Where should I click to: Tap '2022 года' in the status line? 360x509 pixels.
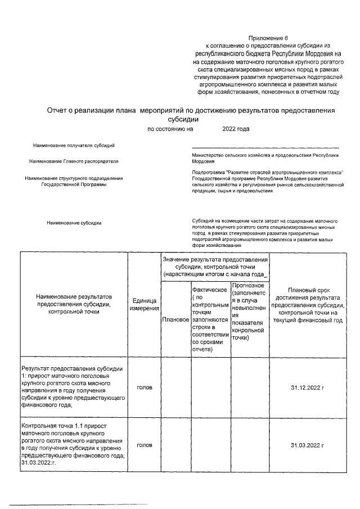coord(236,129)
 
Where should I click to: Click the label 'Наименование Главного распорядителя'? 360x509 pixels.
coord(74,161)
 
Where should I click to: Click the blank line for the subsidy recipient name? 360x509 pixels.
coord(265,147)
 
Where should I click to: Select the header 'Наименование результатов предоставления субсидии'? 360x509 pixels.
coord(74,304)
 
